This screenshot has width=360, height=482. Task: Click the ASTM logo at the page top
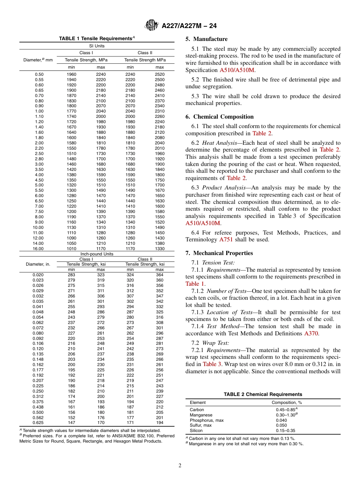151,26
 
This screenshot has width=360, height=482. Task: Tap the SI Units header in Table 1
97,46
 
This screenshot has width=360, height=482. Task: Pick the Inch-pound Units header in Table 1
97,254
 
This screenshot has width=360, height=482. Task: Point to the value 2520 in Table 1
160,74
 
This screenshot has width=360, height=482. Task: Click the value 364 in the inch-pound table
160,275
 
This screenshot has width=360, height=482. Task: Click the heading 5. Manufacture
207,39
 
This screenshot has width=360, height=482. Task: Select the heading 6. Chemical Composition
219,117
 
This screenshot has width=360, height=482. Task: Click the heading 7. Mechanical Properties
219,253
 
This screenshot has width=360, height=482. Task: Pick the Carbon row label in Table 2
197,410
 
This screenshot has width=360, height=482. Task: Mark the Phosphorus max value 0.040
281,420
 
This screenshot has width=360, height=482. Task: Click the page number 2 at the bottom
180,466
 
